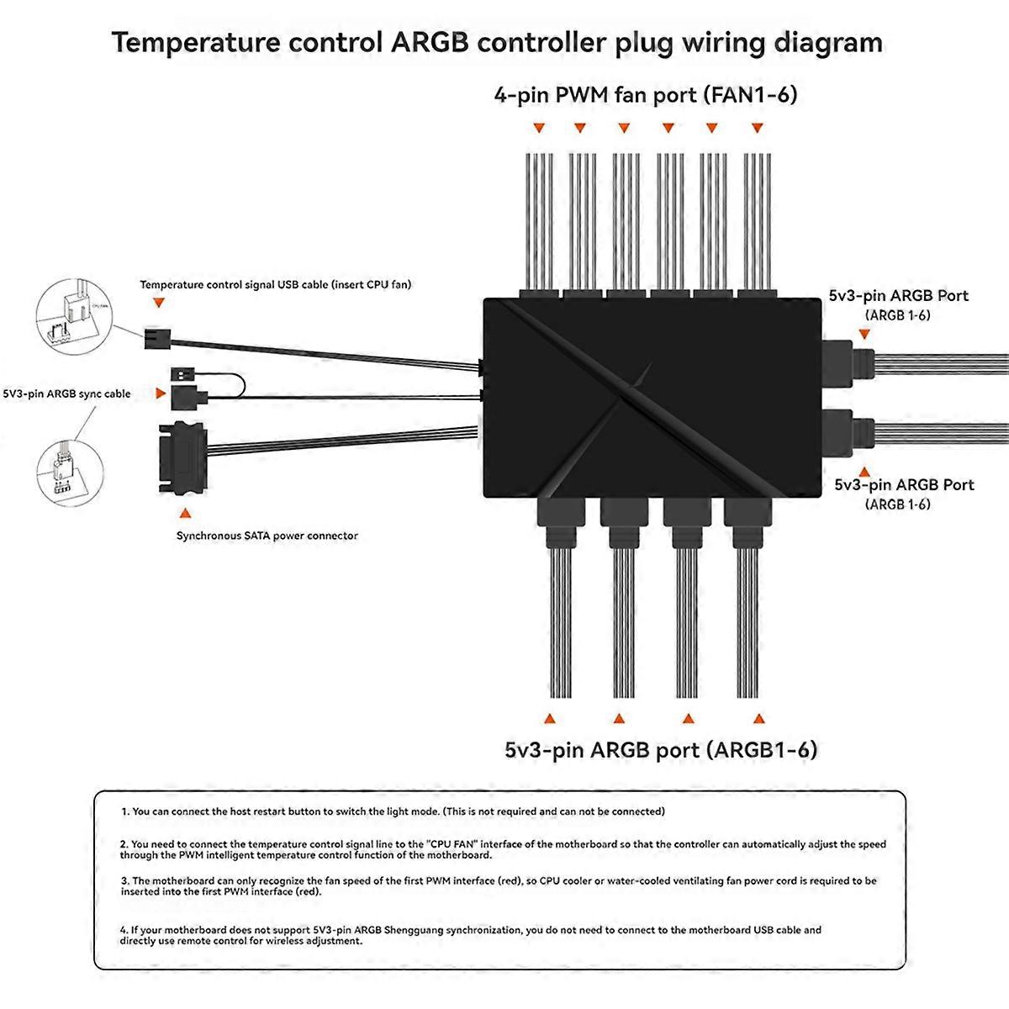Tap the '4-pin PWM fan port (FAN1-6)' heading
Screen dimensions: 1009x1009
(x=645, y=94)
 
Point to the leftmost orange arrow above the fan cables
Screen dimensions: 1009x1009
(x=539, y=129)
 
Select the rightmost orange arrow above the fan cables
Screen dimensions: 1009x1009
(x=757, y=129)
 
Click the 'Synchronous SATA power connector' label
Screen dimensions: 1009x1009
(x=267, y=536)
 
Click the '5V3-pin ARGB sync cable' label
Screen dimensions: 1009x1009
(x=67, y=394)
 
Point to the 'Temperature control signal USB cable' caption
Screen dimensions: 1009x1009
(x=275, y=285)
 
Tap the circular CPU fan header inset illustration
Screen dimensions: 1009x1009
(x=75, y=318)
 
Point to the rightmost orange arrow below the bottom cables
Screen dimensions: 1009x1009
(x=759, y=719)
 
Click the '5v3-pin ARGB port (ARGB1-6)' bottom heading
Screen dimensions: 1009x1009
(x=660, y=749)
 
